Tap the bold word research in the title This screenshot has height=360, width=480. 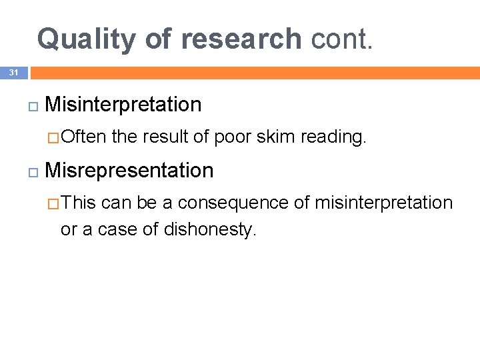coord(241,39)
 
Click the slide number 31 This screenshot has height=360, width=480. coord(14,73)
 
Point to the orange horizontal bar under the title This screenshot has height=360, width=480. coord(253,73)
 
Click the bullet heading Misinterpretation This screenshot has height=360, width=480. coord(123,105)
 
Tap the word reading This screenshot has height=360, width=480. coord(333,137)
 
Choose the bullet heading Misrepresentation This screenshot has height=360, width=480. coord(129,171)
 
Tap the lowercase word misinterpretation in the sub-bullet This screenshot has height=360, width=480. coord(383,203)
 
